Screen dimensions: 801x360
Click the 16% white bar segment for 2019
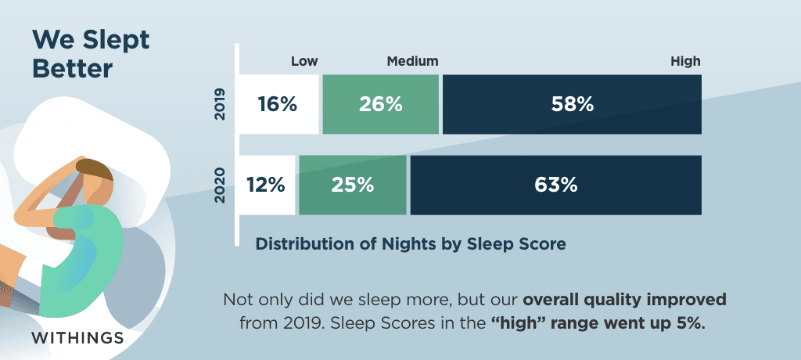coord(279,104)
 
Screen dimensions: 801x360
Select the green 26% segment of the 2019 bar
coord(381,104)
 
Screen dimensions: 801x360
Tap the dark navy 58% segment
coord(572,104)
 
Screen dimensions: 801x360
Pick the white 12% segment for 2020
coord(268,185)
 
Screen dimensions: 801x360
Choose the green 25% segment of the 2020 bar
coord(353,185)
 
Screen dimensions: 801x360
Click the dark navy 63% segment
coord(556,185)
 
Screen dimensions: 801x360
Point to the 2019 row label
coord(220,105)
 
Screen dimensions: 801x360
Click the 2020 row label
coord(220,185)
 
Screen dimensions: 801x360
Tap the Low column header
coord(304,61)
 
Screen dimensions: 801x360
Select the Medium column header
coord(413,61)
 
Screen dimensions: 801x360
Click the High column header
coord(685,62)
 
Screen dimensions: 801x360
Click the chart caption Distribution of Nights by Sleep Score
coord(411,244)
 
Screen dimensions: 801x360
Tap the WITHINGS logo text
coord(77,338)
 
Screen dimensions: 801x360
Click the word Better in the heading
coord(72,70)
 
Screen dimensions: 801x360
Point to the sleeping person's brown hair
coord(96,170)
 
